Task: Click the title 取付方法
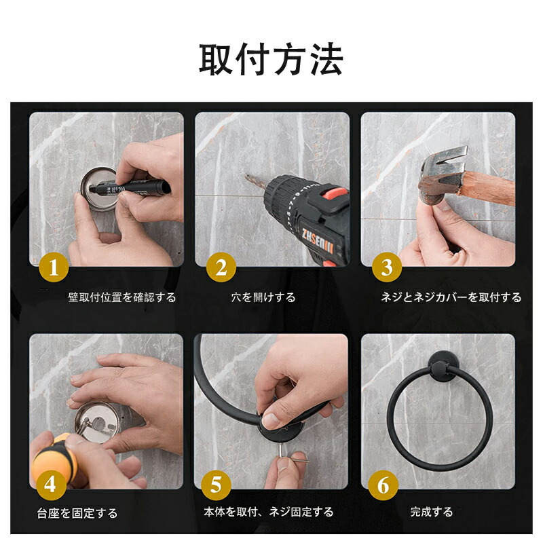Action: click(x=271, y=59)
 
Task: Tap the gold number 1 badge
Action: click(x=54, y=267)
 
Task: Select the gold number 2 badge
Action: click(x=221, y=267)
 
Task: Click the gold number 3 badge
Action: click(x=387, y=267)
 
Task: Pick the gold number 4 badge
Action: click(x=50, y=485)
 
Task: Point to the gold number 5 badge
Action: click(x=216, y=485)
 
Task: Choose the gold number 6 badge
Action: click(x=383, y=485)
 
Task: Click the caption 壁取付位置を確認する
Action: click(x=122, y=297)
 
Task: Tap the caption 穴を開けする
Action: click(x=263, y=297)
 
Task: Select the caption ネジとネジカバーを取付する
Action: click(x=451, y=297)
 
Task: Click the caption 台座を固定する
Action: click(x=77, y=513)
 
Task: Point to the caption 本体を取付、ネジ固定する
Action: click(x=268, y=512)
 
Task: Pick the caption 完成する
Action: click(x=432, y=512)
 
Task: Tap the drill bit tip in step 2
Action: click(x=246, y=176)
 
